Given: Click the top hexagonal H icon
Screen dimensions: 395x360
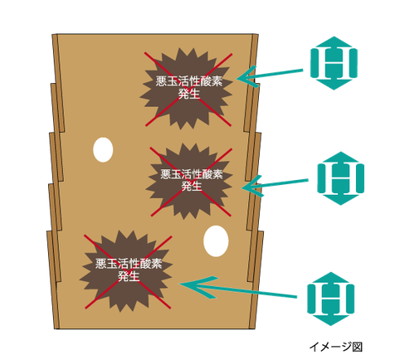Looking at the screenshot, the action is [x=334, y=63].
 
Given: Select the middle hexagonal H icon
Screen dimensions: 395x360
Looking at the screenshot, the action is [x=340, y=178].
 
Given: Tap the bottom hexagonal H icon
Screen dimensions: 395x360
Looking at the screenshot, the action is [x=331, y=299].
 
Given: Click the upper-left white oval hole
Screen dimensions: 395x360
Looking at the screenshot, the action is [x=103, y=149].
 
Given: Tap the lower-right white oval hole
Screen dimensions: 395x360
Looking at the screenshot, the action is [x=216, y=241].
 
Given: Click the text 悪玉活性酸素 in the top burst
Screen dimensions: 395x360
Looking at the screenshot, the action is [x=189, y=81].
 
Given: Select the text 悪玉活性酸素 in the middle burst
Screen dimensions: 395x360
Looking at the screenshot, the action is [x=192, y=174].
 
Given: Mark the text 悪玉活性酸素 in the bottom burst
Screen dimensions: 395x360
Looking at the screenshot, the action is [x=129, y=264].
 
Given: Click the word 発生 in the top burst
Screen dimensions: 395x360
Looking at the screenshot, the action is [x=189, y=94].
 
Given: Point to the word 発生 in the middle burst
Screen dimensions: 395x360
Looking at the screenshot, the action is [x=192, y=186].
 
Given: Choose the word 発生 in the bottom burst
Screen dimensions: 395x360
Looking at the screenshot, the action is [x=129, y=276].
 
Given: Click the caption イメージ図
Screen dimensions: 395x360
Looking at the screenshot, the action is [x=336, y=347].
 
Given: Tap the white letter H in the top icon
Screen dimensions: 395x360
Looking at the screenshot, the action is [x=334, y=63].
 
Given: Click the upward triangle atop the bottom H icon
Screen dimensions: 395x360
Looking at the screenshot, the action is [x=331, y=277].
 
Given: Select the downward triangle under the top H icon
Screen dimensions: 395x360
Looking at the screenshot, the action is [x=334, y=85].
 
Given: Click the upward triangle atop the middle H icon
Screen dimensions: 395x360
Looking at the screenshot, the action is [x=340, y=157].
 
